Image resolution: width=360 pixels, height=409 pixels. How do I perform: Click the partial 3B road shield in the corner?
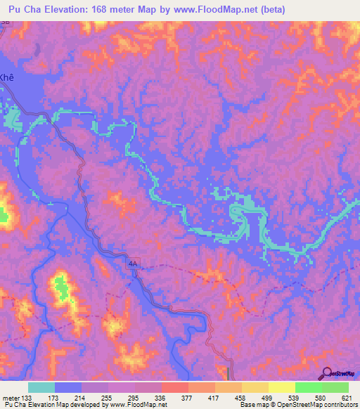pyautogui.click(x=6, y=23)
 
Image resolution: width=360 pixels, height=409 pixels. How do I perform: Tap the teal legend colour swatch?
pyautogui.click(x=41, y=387)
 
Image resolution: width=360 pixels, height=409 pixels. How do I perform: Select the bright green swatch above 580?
pyautogui.click(x=308, y=387)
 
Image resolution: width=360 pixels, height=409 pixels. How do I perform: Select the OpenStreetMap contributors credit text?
pyautogui.click(x=321, y=404)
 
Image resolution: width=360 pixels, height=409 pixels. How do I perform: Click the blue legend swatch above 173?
pyautogui.click(x=68, y=387)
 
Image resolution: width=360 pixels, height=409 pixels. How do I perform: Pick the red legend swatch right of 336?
pyautogui.click(x=174, y=387)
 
